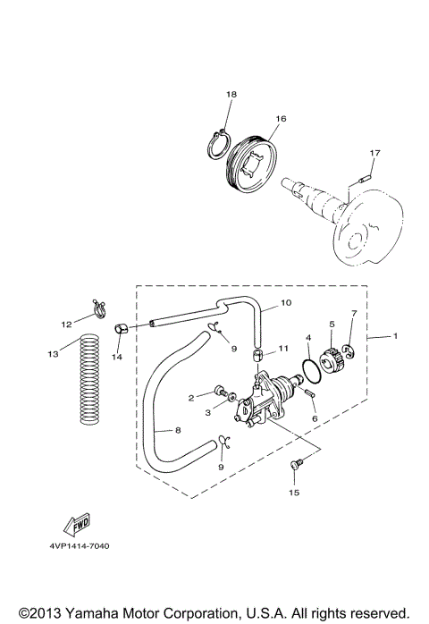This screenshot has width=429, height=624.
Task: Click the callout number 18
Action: coord(231,94)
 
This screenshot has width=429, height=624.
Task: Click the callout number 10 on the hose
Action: coord(286,303)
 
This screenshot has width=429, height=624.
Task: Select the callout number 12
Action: coord(65,324)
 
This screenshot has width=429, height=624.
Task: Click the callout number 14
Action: coord(116,358)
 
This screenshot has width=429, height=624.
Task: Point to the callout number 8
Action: coord(178,430)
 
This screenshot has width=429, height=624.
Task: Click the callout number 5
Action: coord(332,325)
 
